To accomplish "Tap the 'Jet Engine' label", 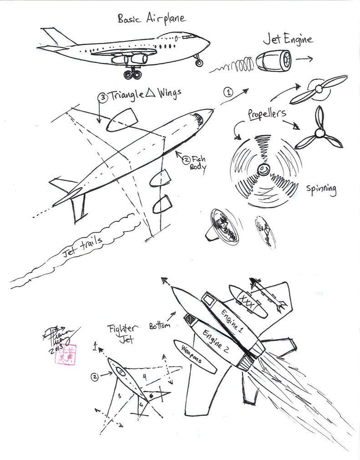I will pyautogui.click(x=288, y=39).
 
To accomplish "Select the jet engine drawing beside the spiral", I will pyautogui.click(x=274, y=61).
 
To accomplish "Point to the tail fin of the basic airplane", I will pyautogui.click(x=57, y=37).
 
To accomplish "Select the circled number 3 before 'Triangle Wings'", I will pyautogui.click(x=102, y=97).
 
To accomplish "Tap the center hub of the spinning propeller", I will pyautogui.click(x=264, y=170).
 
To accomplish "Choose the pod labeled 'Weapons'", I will pyautogui.click(x=195, y=357).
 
